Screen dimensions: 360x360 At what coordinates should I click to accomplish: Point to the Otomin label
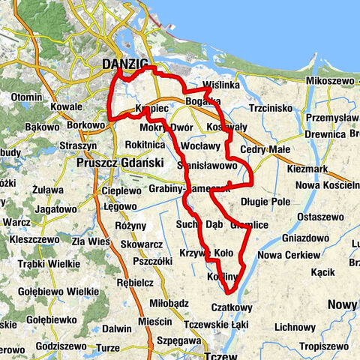click(27, 97)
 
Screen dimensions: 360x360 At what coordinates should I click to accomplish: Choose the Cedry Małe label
click(264, 149)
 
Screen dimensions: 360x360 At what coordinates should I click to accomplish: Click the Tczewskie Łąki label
click(217, 323)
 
